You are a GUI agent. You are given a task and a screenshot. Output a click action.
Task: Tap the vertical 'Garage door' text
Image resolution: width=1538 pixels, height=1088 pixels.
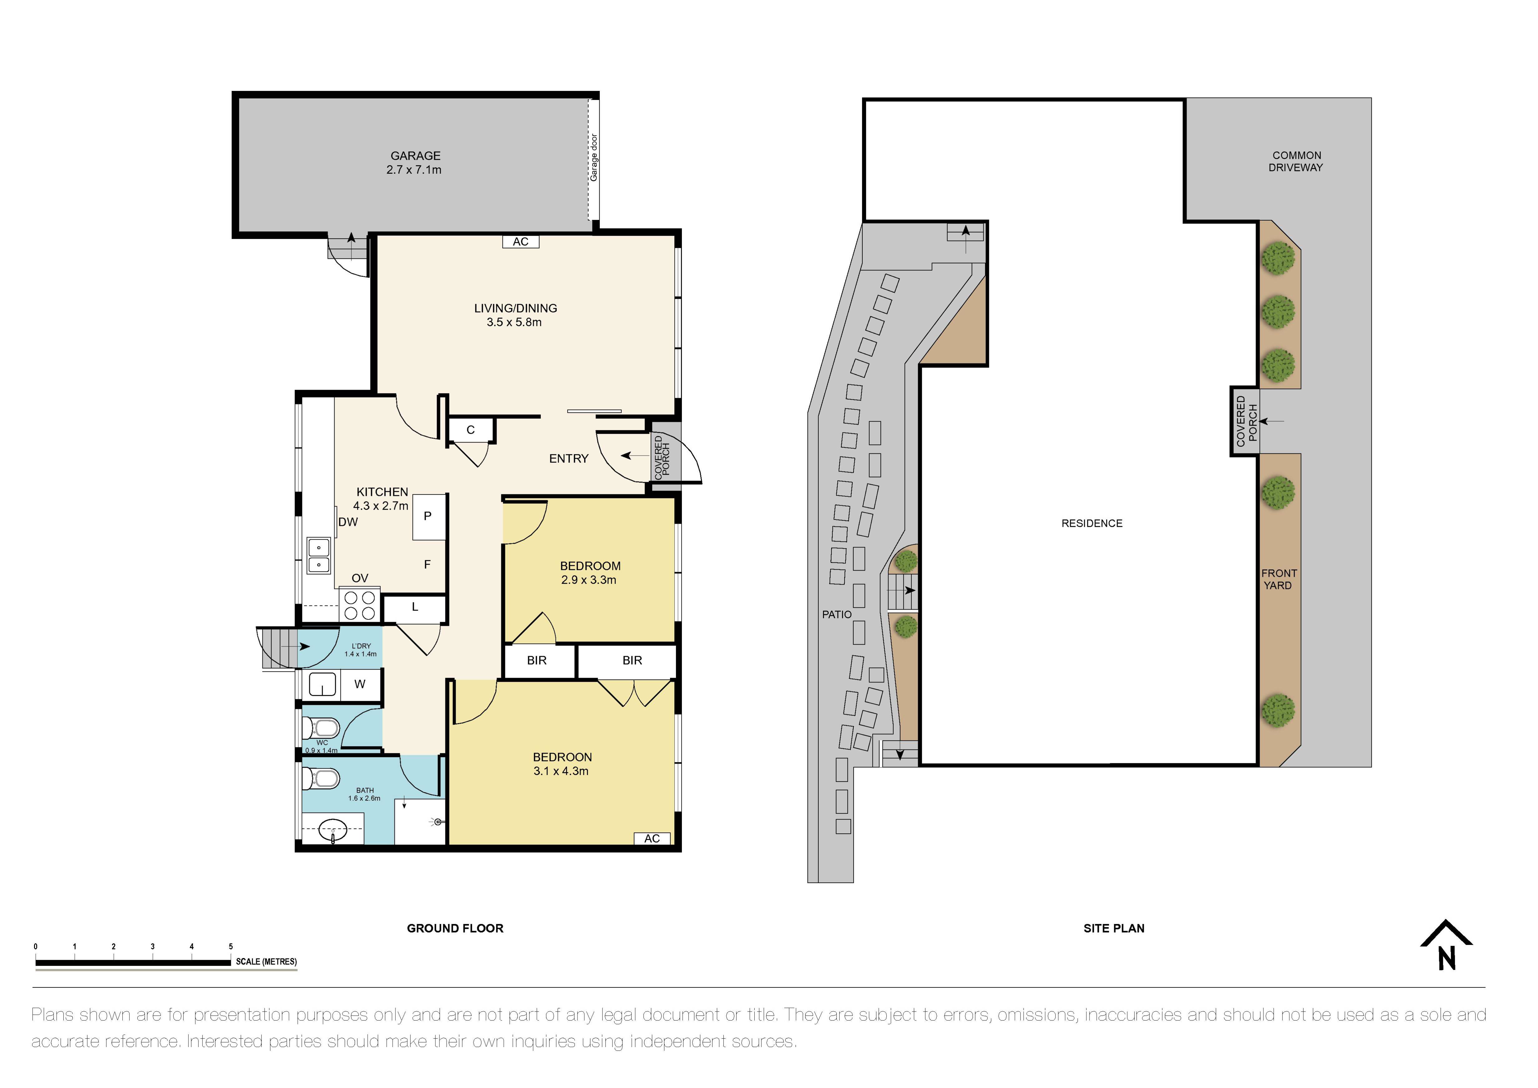click(x=593, y=158)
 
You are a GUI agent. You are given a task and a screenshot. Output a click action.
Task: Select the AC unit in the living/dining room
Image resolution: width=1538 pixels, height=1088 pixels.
click(x=520, y=242)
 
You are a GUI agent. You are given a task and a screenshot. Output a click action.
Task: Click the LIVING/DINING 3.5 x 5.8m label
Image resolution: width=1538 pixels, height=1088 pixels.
click(x=515, y=315)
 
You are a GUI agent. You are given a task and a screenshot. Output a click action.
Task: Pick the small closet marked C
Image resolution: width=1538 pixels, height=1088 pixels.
click(x=471, y=430)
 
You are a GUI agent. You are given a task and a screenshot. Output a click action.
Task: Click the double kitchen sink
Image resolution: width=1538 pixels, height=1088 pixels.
click(x=319, y=555)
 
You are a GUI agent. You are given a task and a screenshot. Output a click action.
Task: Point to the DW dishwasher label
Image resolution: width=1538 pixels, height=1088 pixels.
click(x=348, y=522)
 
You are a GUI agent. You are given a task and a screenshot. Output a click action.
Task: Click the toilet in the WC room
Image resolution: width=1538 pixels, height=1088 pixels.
click(x=322, y=727)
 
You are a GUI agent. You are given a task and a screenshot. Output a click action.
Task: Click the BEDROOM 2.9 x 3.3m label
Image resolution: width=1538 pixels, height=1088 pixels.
click(x=589, y=573)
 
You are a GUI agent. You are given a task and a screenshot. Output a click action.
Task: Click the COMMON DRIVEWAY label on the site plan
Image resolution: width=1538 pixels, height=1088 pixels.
click(x=1296, y=162)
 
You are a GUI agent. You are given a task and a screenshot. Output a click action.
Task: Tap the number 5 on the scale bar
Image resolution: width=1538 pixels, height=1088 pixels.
click(x=231, y=947)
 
